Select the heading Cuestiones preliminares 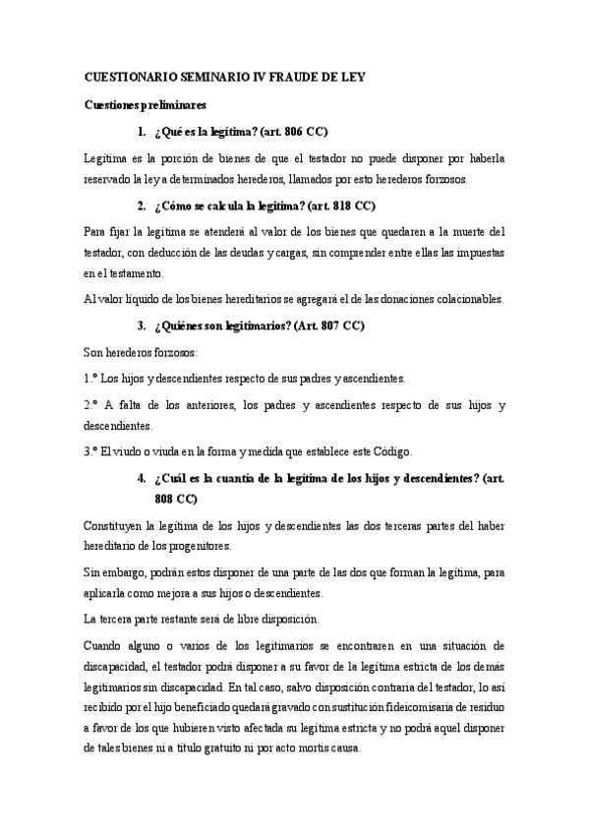(x=144, y=104)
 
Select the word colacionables (x=428, y=299)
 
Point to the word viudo (x=132, y=451)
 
